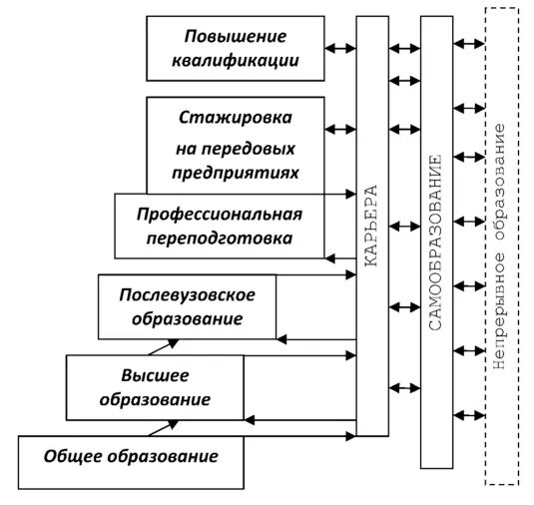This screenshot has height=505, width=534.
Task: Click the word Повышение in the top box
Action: point(235,37)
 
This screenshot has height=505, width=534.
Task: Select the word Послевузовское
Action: point(188,295)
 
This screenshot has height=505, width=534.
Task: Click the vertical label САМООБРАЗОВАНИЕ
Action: point(435,245)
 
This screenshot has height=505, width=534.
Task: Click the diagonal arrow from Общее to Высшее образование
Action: point(161,428)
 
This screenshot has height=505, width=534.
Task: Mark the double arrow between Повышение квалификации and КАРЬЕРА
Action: point(341,46)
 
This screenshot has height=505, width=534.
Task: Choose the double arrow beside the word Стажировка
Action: point(341,128)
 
